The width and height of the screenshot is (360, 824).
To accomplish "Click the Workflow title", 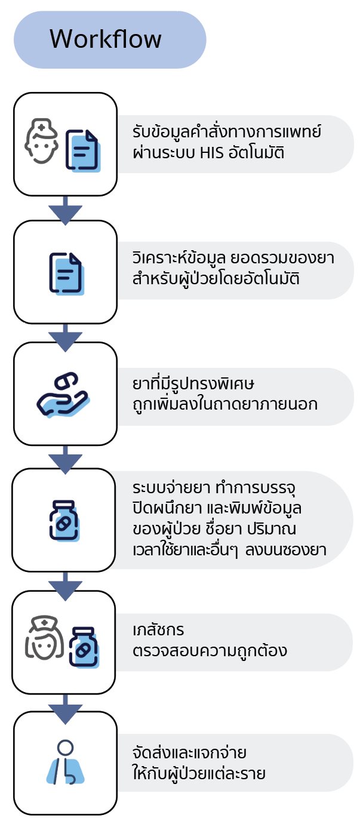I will (x=106, y=39).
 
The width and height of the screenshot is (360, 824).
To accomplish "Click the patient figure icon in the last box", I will (x=65, y=762).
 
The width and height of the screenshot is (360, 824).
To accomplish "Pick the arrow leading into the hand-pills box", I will (x=65, y=336).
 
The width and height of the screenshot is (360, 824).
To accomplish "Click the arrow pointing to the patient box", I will (x=65, y=709).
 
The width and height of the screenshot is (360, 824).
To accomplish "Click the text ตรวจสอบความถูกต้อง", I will (x=210, y=650).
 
